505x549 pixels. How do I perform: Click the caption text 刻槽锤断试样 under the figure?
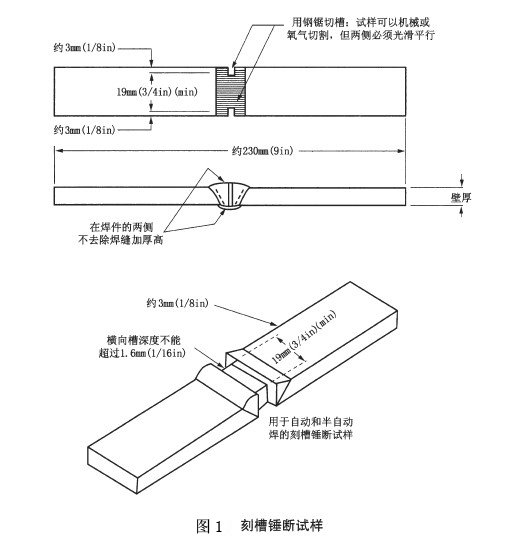coord(282,526)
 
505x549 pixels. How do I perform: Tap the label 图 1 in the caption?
coord(209,526)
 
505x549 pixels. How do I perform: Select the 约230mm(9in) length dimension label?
coord(262,151)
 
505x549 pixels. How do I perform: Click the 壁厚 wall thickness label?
coord(461,198)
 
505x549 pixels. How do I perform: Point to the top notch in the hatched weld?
coord(230,71)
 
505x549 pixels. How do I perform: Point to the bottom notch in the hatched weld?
coord(230,111)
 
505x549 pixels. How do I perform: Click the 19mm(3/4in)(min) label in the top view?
coord(157,92)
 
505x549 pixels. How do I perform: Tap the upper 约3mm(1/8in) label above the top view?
coord(84,47)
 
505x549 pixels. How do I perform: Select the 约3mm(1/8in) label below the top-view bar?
coord(84,130)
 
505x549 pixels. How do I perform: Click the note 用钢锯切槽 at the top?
coord(322,22)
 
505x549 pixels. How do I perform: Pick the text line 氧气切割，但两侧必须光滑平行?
coord(361,35)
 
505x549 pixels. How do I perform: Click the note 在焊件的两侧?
coord(121,227)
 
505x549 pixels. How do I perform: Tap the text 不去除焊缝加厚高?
coord(120,240)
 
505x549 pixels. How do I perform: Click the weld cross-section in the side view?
coord(229,196)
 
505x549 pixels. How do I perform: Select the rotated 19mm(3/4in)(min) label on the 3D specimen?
coord(304,337)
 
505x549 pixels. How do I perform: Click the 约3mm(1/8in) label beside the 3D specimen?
coord(177,303)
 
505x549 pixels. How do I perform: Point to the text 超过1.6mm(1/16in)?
coord(142,353)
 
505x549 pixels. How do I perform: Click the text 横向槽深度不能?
coord(143,340)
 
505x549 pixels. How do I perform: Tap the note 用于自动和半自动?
coord(311,422)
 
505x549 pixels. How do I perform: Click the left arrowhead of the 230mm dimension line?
coord(58,151)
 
